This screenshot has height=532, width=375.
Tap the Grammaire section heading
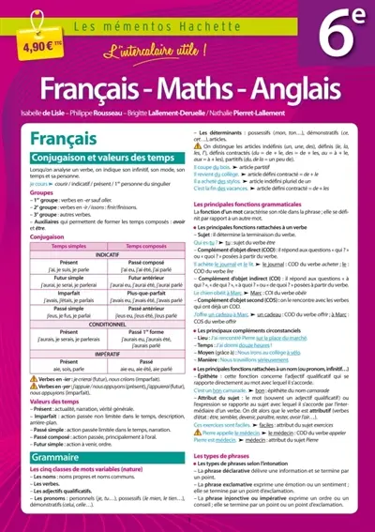click(x=51, y=433)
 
